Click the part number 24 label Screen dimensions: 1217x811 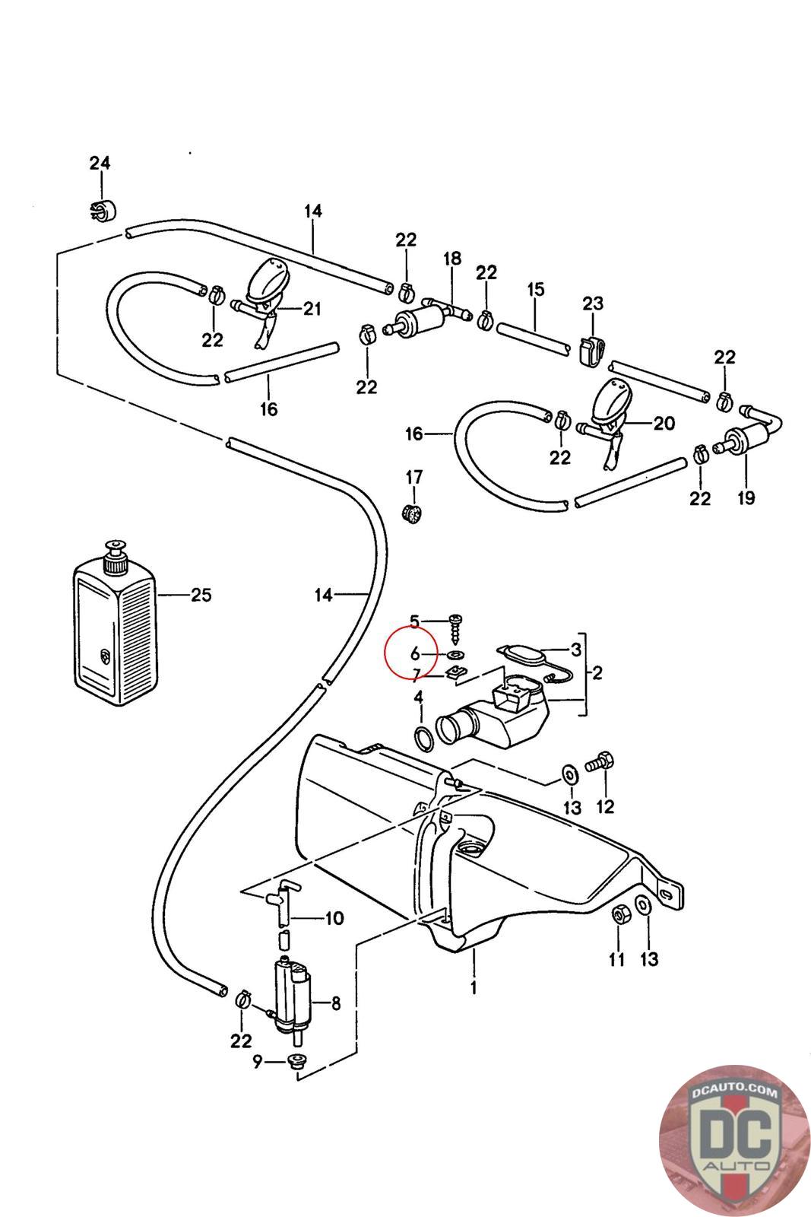point(100,163)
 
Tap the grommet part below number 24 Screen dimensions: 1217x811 point(100,210)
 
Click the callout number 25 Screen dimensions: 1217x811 point(201,595)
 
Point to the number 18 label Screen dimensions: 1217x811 point(452,259)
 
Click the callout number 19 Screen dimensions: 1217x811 point(746,498)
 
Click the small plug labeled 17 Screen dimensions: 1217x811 point(413,514)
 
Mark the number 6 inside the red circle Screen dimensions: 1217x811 point(415,653)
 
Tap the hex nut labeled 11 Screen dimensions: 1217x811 point(618,914)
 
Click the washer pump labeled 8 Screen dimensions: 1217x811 point(291,996)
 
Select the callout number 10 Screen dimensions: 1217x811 point(334,918)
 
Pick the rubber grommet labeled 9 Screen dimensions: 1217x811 point(296,1063)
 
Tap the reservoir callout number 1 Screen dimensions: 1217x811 point(474,988)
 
